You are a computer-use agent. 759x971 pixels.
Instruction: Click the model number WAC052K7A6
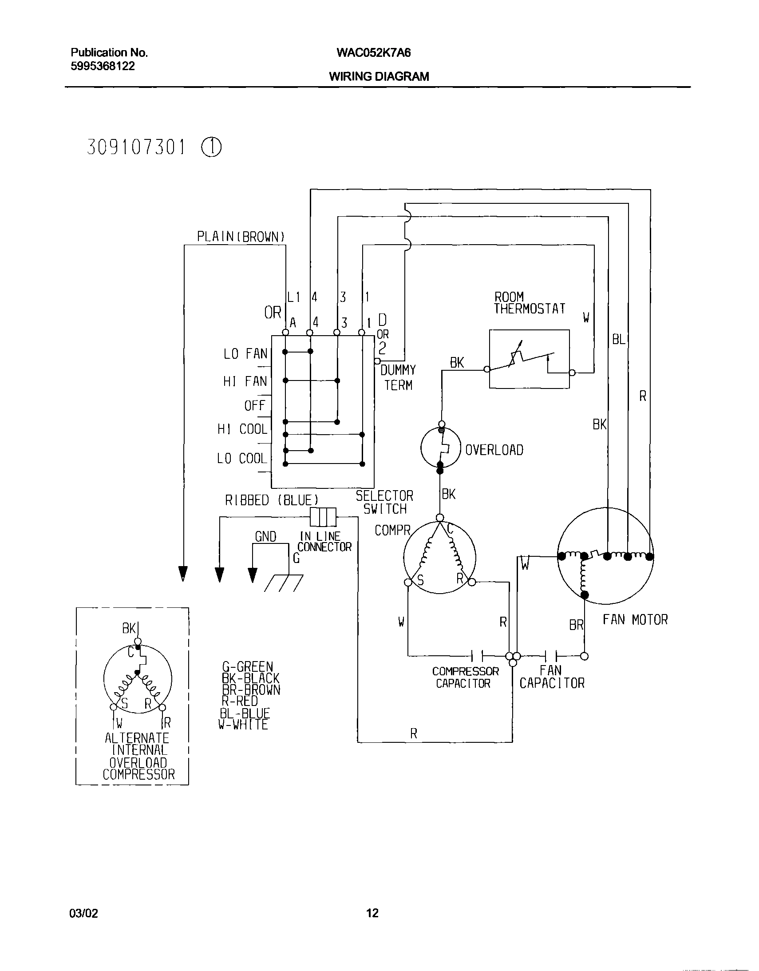point(374,53)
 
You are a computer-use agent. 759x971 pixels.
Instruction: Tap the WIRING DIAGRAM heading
point(379,76)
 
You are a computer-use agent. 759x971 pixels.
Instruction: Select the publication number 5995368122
point(103,66)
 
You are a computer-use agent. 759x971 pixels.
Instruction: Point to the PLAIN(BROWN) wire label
point(241,237)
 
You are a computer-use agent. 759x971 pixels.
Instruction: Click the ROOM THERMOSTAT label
point(530,303)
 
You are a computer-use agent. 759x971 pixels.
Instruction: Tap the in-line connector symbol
point(323,517)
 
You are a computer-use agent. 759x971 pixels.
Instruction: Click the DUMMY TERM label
point(399,377)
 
